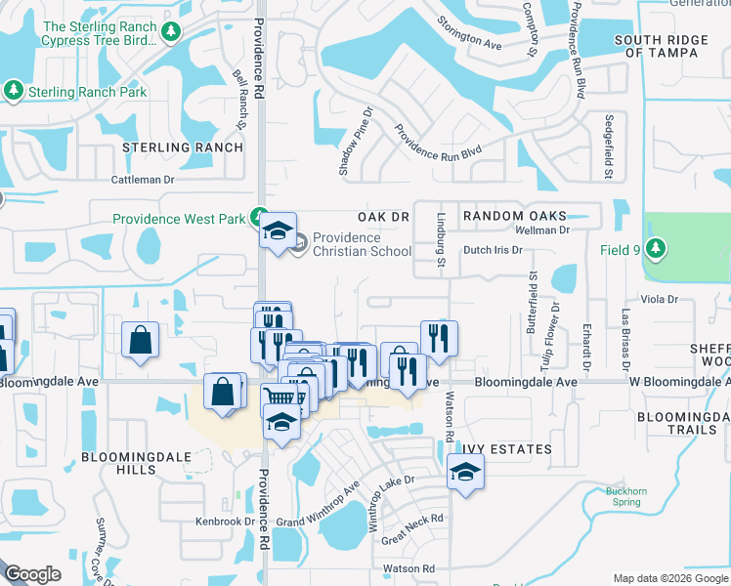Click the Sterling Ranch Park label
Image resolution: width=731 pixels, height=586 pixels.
coord(87,92)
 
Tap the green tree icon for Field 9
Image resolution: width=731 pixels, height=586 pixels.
coord(655,249)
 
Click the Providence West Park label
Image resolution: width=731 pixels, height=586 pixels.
coord(179,219)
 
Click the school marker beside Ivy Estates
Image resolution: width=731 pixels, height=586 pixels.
coord(465,473)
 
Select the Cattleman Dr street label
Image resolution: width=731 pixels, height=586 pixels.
coord(142,180)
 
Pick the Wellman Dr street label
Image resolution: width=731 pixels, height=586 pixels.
coord(542,230)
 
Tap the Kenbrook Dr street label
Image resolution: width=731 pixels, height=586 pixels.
coord(225,522)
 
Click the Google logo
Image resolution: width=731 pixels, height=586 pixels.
coord(32,574)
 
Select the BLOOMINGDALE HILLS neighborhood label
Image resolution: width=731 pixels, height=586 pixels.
coord(133,463)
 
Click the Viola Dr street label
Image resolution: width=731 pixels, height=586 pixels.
coord(660,299)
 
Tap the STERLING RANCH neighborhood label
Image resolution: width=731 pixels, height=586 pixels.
coord(183,147)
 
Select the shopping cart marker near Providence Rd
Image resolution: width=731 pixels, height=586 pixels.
coord(279,397)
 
